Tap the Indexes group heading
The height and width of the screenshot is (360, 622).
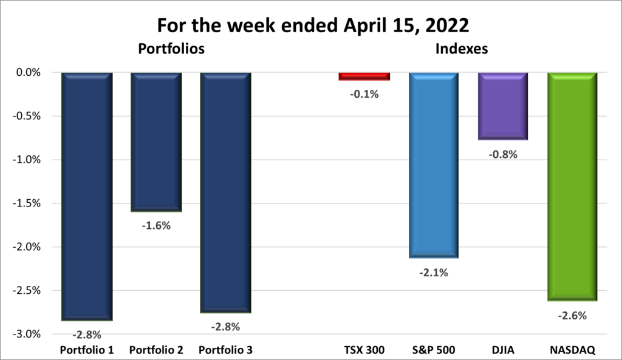[x=462, y=49]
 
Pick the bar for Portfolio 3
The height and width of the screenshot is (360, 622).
[x=225, y=192]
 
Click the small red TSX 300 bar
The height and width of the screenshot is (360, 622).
[x=364, y=76]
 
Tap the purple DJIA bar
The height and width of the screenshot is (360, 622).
[x=502, y=106]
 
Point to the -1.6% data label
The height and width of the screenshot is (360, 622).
[x=156, y=225]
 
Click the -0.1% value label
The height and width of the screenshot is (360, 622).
[x=364, y=94]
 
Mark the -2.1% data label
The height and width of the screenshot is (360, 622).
[x=433, y=273]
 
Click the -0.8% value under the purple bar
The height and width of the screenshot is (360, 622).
[x=502, y=154]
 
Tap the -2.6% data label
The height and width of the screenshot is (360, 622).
[x=572, y=315]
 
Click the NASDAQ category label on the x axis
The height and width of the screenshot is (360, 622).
[x=572, y=350]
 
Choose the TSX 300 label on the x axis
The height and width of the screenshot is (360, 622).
[x=364, y=350]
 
